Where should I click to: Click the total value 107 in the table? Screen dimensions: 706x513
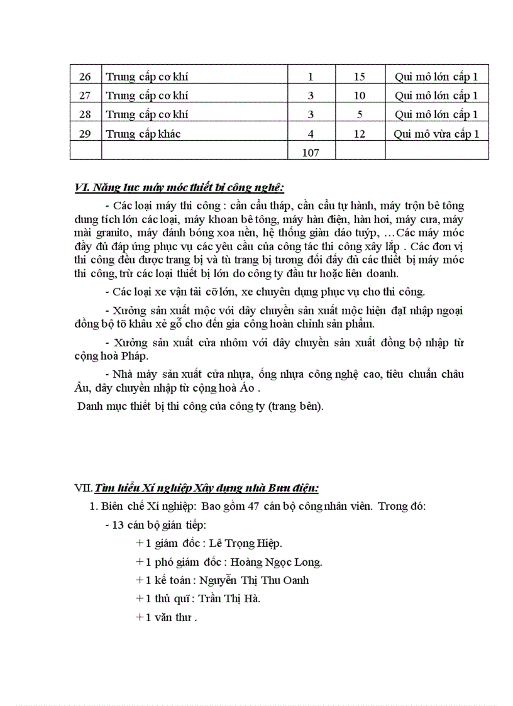pos(311,153)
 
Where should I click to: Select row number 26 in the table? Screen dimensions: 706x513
pos(85,77)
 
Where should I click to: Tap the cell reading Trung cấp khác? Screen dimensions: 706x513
pos(143,134)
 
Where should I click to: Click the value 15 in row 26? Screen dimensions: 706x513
pos(360,77)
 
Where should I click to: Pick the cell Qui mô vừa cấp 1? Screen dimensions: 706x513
pos(436,134)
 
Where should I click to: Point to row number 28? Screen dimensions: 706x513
pos(85,114)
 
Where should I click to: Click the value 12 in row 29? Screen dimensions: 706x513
pos(360,134)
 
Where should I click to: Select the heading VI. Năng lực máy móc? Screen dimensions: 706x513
pos(179,187)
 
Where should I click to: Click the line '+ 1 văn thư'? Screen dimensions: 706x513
pos(167,617)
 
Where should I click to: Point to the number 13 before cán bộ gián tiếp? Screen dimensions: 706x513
pos(117,525)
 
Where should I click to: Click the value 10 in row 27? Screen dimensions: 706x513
pos(360,96)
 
